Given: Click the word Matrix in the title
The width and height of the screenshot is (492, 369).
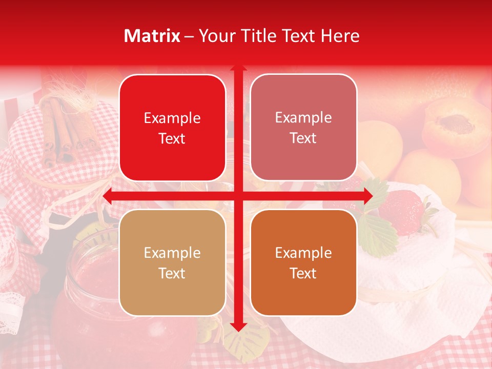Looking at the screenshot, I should point(152,36).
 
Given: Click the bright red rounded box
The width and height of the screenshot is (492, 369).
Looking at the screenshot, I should point(172,128).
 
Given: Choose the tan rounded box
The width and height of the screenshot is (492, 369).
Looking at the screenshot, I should point(172,262).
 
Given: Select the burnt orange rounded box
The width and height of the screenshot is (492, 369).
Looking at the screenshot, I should point(303,262).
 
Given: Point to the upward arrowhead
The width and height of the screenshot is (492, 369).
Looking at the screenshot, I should point(238,68).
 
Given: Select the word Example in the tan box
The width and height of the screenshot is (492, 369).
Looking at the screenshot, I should point(172,253).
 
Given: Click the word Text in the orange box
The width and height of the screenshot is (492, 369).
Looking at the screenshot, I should point(303,274).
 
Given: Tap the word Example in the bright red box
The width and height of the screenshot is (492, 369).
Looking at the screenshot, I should point(172,118).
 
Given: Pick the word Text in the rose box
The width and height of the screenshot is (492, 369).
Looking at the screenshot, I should point(303,138).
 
